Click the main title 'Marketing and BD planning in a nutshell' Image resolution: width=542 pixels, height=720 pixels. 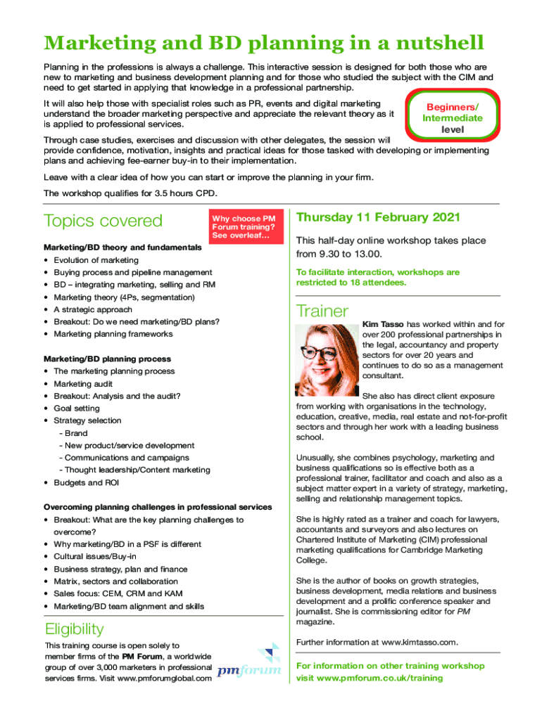[x=264, y=44]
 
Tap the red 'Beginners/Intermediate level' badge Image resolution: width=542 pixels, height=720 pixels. [x=452, y=118]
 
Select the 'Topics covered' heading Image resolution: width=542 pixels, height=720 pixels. [x=103, y=221]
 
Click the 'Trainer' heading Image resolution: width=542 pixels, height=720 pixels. [x=322, y=311]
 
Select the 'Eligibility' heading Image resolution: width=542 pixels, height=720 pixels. [x=74, y=629]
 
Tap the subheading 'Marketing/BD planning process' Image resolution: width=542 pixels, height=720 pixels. [x=107, y=359]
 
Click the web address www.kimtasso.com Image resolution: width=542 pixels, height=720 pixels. [x=420, y=642]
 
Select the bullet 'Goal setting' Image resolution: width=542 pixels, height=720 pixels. [x=77, y=408]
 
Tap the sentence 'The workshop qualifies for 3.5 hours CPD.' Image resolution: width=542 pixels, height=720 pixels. [x=130, y=193]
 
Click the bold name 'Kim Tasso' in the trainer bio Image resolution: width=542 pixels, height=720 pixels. [x=383, y=324]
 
